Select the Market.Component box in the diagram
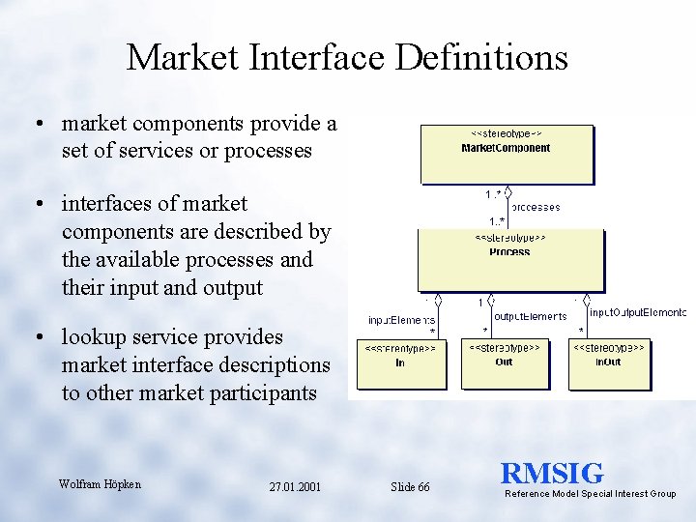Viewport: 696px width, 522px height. [507, 155]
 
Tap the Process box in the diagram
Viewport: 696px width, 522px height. [509, 261]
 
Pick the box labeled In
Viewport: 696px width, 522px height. [400, 363]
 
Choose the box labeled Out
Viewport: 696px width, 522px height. [505, 363]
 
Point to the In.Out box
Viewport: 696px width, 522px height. [609, 363]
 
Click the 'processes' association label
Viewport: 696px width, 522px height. [536, 207]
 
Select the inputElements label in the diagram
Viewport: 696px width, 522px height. [402, 320]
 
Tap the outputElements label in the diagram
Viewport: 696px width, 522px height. [530, 316]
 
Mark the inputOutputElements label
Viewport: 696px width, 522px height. [637, 312]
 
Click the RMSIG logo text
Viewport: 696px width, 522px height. [552, 474]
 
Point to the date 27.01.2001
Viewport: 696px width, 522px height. [296, 487]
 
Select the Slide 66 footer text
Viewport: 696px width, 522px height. [410, 487]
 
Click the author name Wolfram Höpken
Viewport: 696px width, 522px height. [100, 483]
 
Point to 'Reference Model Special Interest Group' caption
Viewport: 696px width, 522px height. [590, 494]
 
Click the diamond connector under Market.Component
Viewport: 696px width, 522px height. [507, 191]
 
